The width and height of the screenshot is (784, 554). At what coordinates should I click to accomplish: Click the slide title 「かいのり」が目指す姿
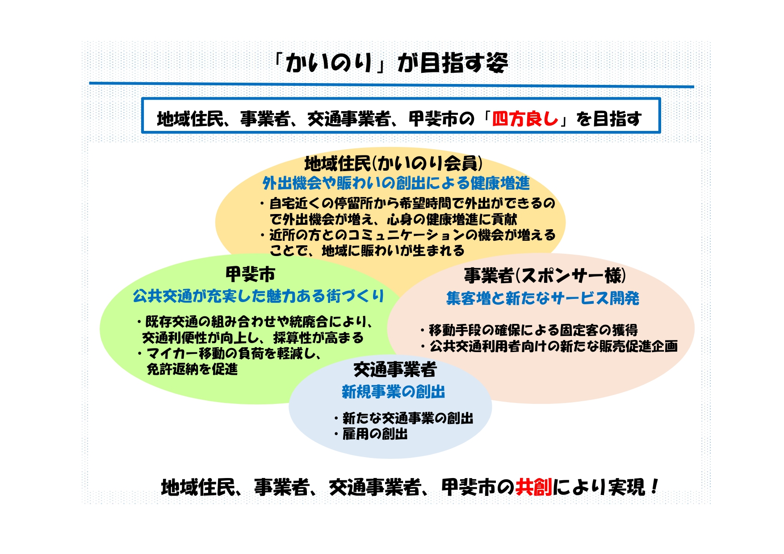(x=391, y=63)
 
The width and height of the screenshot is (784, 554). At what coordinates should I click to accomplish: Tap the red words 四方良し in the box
(x=525, y=119)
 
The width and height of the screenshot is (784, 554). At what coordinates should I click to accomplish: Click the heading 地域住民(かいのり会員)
(x=393, y=164)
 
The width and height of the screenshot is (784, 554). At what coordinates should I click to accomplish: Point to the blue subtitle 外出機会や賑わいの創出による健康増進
(x=396, y=183)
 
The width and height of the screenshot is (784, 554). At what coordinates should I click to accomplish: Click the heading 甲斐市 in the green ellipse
(x=250, y=274)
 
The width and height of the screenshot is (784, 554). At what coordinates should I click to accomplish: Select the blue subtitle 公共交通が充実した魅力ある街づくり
(x=258, y=296)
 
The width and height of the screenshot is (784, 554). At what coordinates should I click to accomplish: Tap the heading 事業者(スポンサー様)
(x=545, y=276)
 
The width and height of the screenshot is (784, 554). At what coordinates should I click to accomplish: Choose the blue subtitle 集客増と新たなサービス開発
(x=542, y=298)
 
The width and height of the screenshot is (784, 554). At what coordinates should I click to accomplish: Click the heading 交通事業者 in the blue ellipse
(x=395, y=369)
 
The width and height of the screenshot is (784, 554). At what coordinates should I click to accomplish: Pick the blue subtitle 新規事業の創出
(x=393, y=392)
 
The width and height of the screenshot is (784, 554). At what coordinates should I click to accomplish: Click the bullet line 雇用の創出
(x=374, y=434)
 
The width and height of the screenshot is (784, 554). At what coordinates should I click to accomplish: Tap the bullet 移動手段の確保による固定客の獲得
(x=533, y=330)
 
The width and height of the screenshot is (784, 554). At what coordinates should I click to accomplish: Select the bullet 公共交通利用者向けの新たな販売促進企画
(x=553, y=346)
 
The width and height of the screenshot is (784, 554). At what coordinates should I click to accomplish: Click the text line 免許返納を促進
(x=192, y=369)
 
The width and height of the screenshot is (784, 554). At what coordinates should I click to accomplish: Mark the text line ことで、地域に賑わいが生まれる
(x=367, y=251)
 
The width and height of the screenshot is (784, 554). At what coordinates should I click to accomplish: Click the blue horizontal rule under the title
(x=391, y=84)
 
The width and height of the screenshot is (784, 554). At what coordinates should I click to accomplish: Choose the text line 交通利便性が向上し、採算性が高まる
(x=253, y=338)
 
